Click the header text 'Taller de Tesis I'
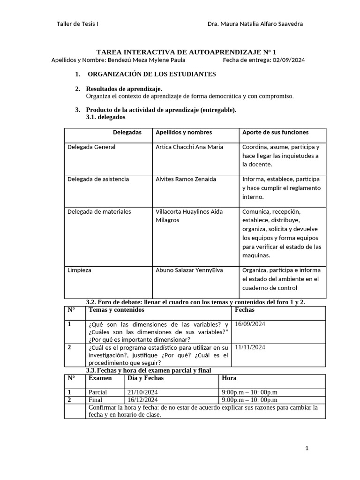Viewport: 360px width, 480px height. point(77,24)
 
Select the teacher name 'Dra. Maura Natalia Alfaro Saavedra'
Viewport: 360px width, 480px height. point(255,24)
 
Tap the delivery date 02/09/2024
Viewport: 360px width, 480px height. point(288,60)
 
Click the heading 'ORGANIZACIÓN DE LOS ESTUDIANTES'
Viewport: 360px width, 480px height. point(152,74)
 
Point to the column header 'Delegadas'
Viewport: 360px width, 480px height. point(127,132)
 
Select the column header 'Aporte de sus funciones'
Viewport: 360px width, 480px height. point(275,132)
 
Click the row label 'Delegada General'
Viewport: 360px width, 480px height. point(91,147)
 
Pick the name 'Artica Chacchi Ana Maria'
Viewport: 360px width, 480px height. point(189,147)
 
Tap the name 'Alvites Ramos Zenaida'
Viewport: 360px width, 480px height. point(186,180)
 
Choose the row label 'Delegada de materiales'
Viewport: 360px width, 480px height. point(99,212)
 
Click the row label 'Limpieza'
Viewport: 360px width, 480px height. point(79,270)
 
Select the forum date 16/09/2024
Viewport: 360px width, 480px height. point(250,324)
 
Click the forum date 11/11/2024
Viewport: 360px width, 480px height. point(250,347)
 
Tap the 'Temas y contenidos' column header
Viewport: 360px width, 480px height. point(116,310)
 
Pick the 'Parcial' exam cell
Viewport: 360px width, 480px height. point(97,392)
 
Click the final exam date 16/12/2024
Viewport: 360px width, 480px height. point(142,400)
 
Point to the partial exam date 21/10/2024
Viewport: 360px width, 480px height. point(142,392)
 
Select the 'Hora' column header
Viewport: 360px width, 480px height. point(229,378)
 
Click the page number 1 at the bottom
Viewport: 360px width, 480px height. point(307,449)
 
